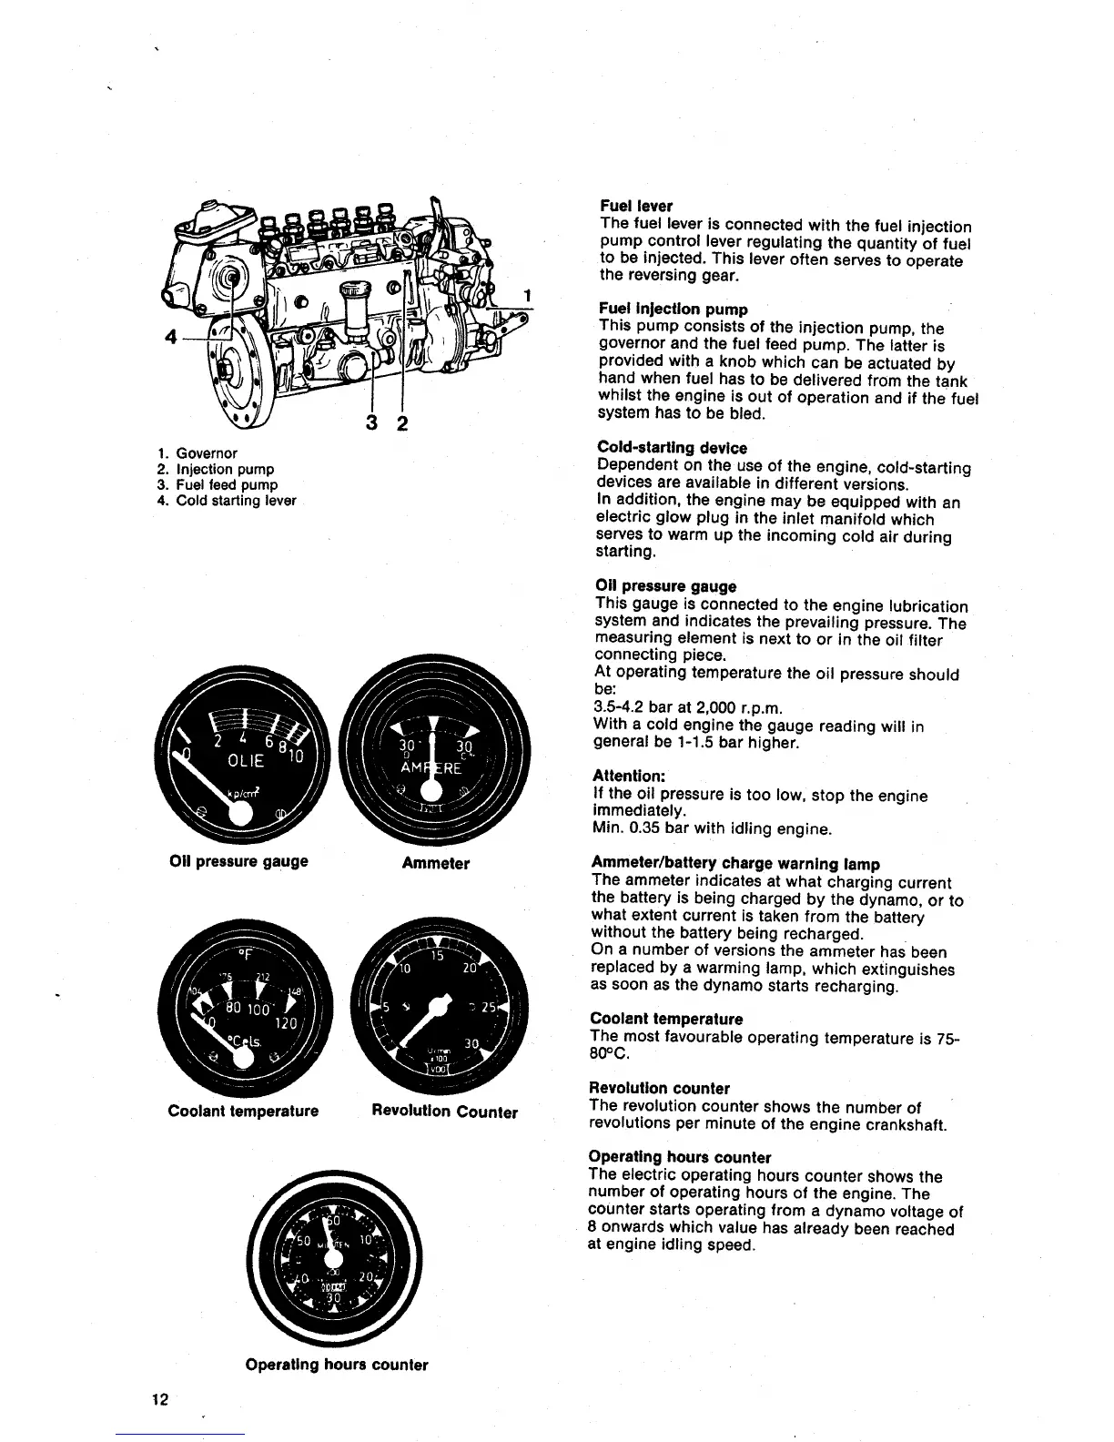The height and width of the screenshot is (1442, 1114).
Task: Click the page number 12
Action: (161, 1399)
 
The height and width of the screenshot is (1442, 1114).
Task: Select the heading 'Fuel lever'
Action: (635, 207)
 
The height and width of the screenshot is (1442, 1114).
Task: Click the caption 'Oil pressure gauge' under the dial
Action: (238, 861)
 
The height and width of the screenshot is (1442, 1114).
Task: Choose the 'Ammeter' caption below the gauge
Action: (435, 863)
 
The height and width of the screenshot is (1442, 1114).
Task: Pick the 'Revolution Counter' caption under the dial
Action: (444, 1112)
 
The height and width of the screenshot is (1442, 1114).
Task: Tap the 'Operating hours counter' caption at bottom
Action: (336, 1365)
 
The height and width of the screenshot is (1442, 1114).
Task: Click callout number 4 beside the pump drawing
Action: (169, 337)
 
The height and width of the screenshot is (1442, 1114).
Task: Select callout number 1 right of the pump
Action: (526, 295)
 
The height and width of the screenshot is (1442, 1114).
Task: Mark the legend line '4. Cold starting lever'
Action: (227, 501)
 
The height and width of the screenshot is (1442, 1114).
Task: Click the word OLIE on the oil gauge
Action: (244, 761)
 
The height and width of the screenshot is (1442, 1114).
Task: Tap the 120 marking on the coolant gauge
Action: (289, 1023)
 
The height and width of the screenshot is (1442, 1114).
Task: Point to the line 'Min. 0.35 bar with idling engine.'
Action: (711, 829)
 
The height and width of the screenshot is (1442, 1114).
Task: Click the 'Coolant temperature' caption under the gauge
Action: (243, 1111)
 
